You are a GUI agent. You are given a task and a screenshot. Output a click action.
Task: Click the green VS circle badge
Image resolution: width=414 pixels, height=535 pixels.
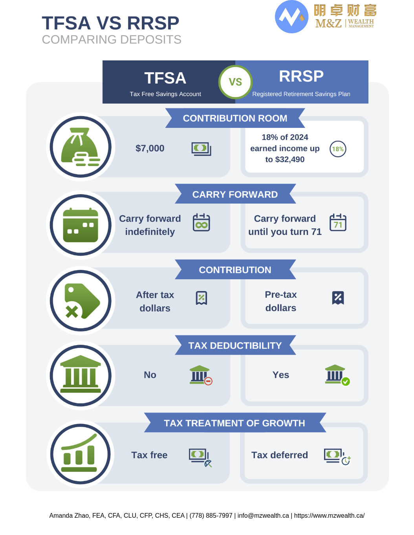[x=235, y=82]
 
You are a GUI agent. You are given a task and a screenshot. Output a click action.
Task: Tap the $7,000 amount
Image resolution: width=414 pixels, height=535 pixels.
[x=150, y=148]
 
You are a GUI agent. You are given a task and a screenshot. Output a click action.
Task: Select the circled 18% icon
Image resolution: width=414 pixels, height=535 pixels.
[x=338, y=149]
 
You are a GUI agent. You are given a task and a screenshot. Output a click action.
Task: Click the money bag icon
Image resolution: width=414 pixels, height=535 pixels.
[x=81, y=147]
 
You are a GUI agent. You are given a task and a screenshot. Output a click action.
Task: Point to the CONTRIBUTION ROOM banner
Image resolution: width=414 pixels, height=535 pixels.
[x=235, y=118]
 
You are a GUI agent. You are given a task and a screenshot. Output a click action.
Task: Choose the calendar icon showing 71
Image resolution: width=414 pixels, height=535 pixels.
[x=338, y=222]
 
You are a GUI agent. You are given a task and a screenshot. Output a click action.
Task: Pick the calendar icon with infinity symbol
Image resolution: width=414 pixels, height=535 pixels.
[x=201, y=222]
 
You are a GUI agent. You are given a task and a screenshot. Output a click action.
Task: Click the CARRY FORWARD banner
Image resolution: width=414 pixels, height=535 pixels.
[x=235, y=194]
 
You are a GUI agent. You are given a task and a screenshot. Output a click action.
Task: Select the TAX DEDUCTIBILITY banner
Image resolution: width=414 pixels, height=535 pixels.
[x=235, y=345]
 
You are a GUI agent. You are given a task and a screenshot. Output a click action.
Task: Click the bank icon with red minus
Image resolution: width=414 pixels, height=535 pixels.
[x=201, y=375]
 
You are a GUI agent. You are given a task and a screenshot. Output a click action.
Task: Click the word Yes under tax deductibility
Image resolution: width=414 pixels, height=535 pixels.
[x=280, y=375]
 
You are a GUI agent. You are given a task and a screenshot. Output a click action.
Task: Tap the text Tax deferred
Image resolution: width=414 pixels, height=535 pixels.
[x=280, y=455]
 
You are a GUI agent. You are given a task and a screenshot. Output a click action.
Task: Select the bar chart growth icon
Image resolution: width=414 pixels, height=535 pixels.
[x=79, y=453]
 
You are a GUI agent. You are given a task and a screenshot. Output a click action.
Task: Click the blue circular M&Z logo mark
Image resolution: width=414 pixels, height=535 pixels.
[x=291, y=17]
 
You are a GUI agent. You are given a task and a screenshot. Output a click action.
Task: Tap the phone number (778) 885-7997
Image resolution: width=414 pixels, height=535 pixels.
[x=211, y=515]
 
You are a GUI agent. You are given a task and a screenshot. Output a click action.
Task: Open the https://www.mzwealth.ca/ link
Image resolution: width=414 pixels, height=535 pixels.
[x=329, y=515]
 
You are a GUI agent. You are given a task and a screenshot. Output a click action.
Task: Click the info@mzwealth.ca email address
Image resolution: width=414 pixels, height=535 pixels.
[x=263, y=515]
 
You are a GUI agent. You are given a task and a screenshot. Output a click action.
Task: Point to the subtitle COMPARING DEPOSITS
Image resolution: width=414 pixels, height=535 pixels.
[x=112, y=40]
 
